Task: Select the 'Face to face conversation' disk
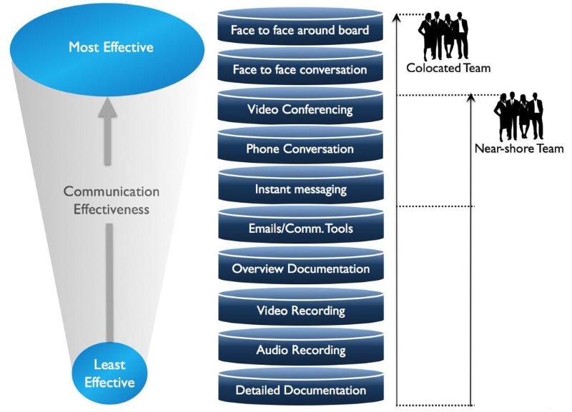click(x=300, y=70)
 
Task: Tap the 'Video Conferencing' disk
click(x=300, y=110)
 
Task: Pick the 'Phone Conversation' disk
click(x=300, y=149)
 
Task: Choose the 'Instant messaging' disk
click(x=300, y=189)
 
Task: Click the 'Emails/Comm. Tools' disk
click(x=300, y=229)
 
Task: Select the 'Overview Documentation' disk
click(x=300, y=269)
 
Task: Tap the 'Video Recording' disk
click(x=300, y=311)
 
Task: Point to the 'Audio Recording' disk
click(x=300, y=351)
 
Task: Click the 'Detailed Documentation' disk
click(x=300, y=391)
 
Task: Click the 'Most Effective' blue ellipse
click(x=111, y=48)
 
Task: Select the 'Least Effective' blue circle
click(x=109, y=373)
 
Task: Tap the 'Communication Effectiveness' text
click(x=111, y=201)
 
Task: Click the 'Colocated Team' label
click(x=448, y=69)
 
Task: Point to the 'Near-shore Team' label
click(x=518, y=149)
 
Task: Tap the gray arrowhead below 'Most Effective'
click(x=108, y=109)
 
